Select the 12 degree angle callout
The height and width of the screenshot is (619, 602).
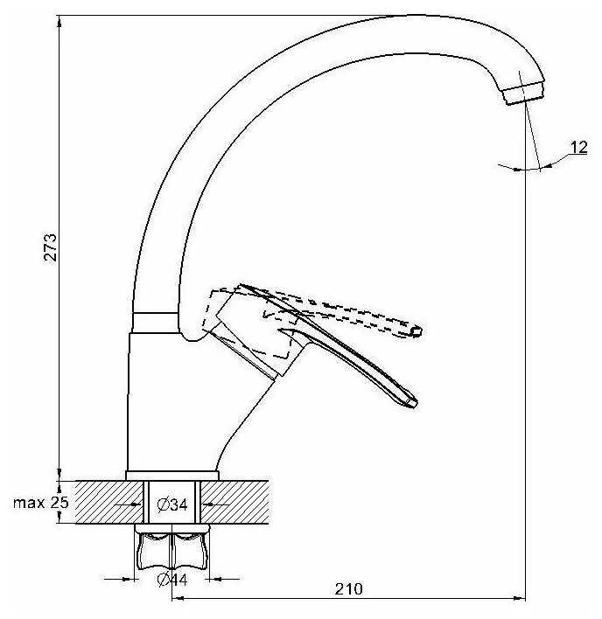(x=578, y=148)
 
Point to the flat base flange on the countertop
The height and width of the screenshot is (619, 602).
(x=171, y=476)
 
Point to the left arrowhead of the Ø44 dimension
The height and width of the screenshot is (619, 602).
(x=131, y=578)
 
